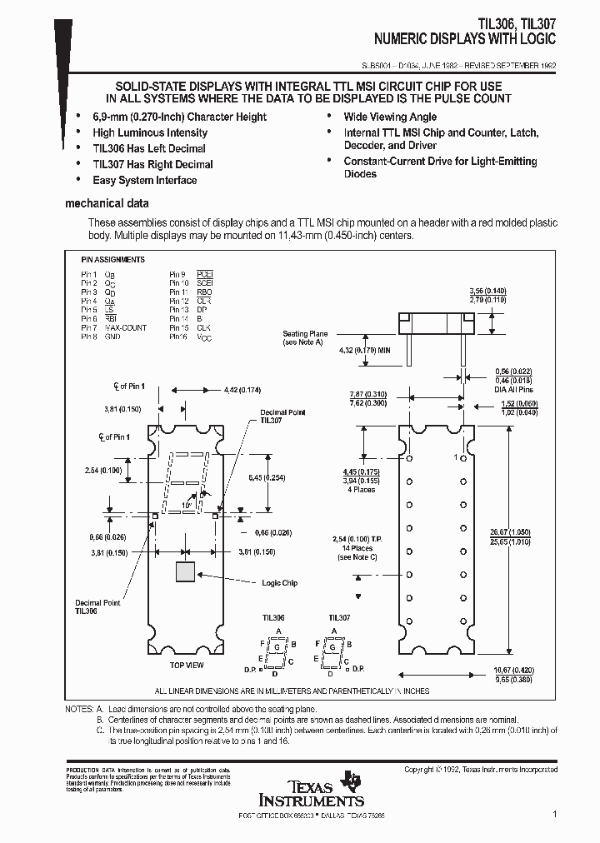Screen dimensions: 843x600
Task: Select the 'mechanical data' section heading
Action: tap(107, 203)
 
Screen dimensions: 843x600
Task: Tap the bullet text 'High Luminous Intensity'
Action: tap(150, 132)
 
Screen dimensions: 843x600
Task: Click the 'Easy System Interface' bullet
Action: tap(145, 180)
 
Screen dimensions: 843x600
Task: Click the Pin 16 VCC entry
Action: tap(191, 337)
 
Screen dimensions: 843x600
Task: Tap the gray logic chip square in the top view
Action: tap(184, 571)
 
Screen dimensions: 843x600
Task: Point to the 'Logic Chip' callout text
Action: tap(279, 583)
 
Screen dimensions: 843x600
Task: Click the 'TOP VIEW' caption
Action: tap(187, 666)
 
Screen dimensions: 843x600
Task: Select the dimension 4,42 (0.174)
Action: tap(242, 390)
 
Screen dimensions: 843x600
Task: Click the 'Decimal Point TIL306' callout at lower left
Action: tap(98, 606)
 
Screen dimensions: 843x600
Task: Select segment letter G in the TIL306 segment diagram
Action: tap(272, 646)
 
